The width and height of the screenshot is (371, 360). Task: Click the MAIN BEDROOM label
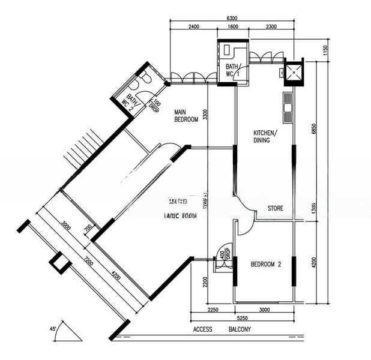coord(186,116)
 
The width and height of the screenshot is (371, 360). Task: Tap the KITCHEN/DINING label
coord(265,136)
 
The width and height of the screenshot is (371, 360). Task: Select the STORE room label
coord(275,209)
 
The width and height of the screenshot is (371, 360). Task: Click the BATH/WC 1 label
coord(232,70)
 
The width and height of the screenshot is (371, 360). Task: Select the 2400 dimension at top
coord(193,27)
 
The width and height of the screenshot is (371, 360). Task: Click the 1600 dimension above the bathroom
coord(233,27)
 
